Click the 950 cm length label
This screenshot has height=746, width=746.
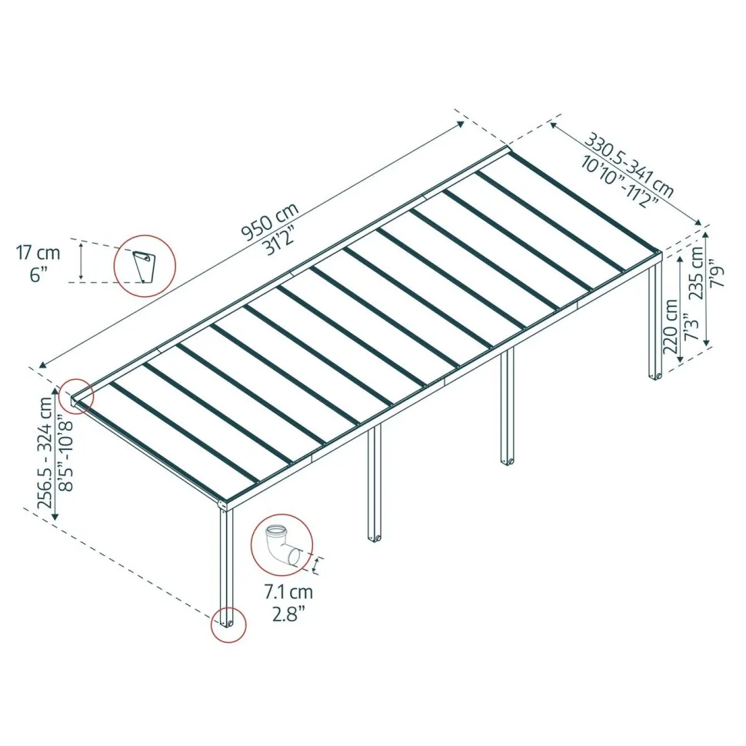[270, 221]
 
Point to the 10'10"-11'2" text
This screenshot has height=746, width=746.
[619, 182]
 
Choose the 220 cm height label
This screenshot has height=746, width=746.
[671, 326]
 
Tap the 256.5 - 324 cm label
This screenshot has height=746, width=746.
[46, 452]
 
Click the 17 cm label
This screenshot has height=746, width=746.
[38, 252]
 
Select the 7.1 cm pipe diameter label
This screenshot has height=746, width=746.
[289, 592]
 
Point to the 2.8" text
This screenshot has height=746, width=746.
[288, 614]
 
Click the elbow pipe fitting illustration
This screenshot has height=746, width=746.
[282, 545]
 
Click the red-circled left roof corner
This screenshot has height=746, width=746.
[76, 396]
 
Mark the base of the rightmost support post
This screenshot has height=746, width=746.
[655, 376]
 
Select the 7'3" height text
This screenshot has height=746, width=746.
[691, 327]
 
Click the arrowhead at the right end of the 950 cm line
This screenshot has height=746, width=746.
[461, 124]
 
